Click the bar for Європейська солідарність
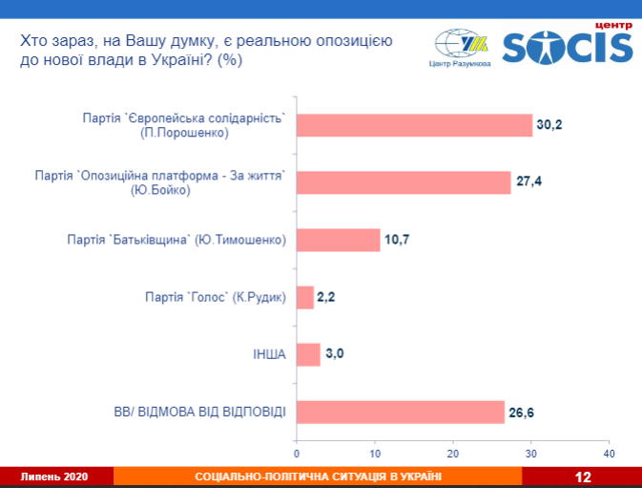(x=414, y=125)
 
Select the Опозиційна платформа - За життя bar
(x=404, y=181)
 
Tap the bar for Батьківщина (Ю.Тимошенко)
(x=338, y=240)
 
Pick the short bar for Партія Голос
(x=305, y=297)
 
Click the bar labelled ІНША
(x=308, y=354)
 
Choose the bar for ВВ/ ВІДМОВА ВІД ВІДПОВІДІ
(x=400, y=412)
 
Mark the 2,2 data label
(x=325, y=297)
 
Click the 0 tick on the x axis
(x=297, y=453)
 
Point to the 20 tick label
(x=453, y=453)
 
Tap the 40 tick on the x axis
(x=610, y=453)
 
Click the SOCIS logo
(x=567, y=46)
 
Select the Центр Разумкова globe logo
(x=459, y=45)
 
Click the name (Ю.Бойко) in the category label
(x=160, y=191)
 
